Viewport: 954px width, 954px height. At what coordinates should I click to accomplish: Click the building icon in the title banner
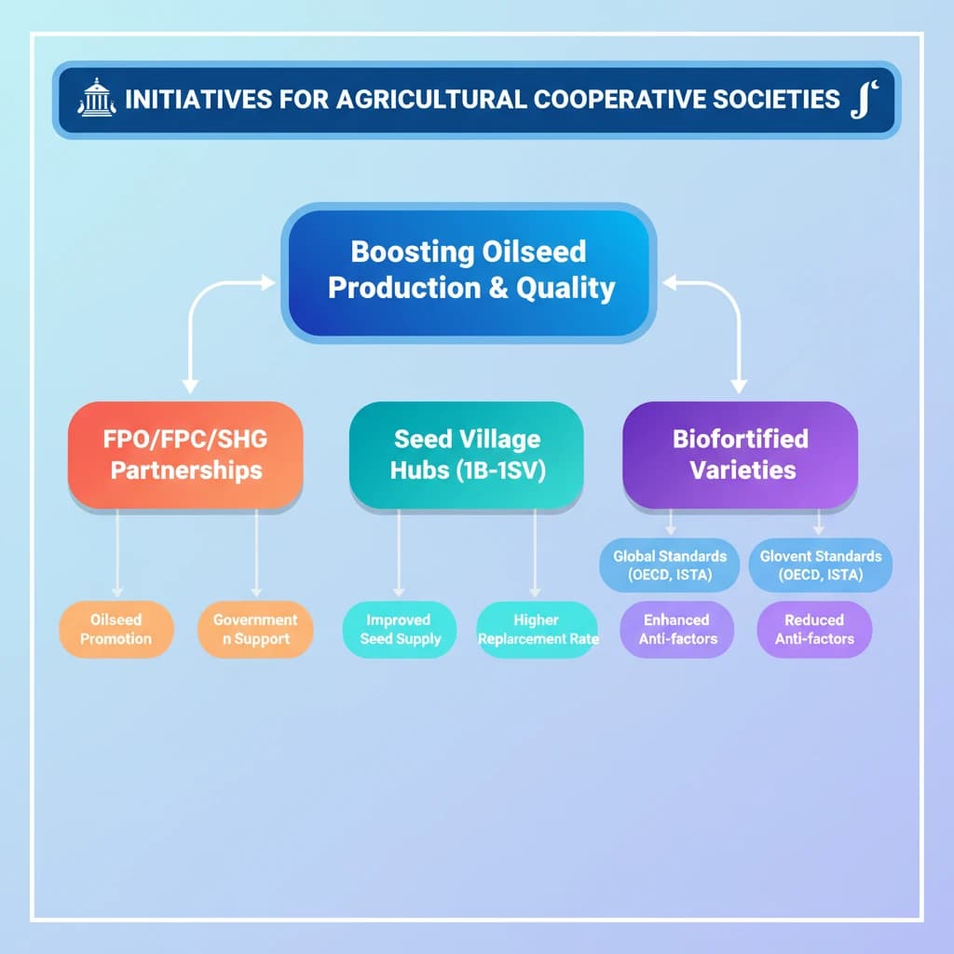pos(95,98)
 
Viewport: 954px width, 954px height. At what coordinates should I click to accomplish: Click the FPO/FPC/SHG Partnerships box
pos(185,454)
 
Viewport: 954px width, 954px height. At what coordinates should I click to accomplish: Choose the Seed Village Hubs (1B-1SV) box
pos(467,454)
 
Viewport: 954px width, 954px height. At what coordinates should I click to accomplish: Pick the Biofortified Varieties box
pos(742,454)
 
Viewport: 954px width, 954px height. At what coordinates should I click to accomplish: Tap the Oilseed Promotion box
pos(116,629)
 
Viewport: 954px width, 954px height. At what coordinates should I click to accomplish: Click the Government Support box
pos(255,629)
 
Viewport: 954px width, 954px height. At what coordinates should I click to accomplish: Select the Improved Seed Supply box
pos(400,629)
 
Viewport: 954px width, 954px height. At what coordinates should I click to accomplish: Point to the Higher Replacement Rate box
pos(538,629)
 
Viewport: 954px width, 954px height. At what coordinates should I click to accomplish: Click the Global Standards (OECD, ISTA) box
pos(670,566)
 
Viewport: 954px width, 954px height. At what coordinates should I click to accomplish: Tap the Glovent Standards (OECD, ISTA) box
pos(820,566)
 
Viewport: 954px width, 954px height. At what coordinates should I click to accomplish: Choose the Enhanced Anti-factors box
pos(676,629)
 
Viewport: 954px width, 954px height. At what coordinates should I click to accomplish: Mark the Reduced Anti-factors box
pos(813,629)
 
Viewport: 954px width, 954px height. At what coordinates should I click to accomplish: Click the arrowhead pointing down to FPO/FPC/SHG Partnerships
pos(191,384)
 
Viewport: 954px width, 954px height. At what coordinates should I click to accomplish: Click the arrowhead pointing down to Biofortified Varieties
pos(738,384)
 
